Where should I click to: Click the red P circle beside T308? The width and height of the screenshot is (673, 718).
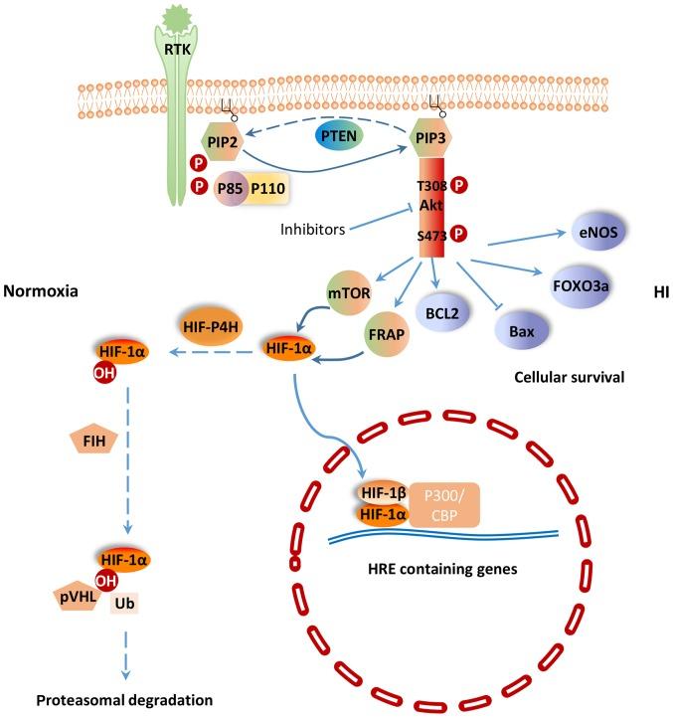(x=459, y=186)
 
